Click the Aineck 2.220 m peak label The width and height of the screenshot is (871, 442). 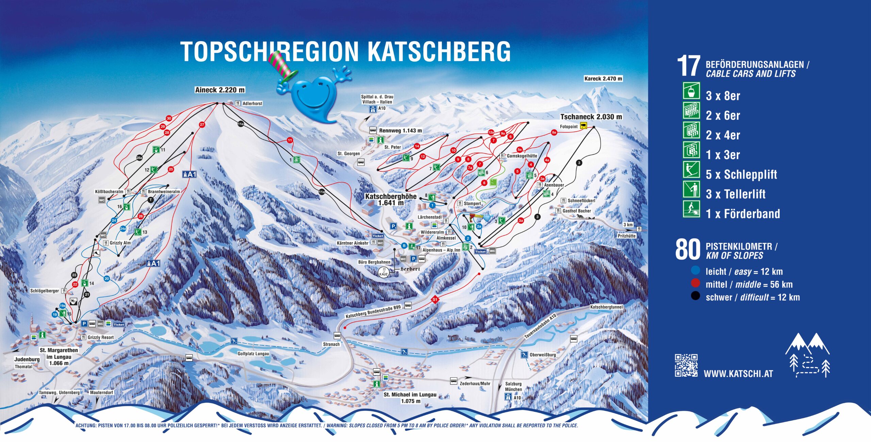click(220, 90)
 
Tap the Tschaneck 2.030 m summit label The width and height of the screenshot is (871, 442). click(591, 117)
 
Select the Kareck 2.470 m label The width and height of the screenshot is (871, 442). click(603, 79)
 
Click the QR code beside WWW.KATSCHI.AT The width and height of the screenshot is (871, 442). click(686, 365)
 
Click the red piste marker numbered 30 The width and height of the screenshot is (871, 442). click(169, 118)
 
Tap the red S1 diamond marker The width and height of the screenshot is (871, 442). click(434, 299)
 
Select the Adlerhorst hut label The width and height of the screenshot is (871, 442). click(252, 103)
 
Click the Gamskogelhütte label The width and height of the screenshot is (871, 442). click(522, 156)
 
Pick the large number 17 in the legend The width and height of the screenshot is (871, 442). click(688, 66)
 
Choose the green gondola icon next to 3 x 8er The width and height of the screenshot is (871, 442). click(691, 91)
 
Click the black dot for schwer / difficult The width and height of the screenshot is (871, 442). click(695, 296)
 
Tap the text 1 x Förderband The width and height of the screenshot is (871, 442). click(743, 214)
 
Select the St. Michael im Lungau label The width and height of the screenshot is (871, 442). click(410, 394)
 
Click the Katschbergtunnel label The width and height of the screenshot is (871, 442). click(606, 307)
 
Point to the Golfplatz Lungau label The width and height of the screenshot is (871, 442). click(253, 354)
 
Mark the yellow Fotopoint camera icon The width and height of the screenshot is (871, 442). click(584, 126)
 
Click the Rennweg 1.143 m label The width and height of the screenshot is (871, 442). click(400, 130)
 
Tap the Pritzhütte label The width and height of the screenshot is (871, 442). click(626, 236)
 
